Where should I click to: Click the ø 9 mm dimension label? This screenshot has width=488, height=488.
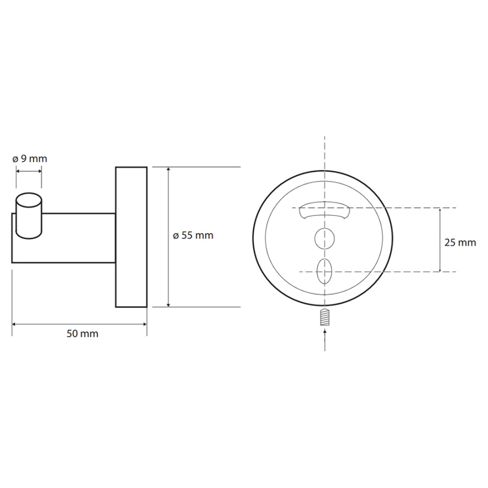[30, 159]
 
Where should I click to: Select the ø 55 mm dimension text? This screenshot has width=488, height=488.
[193, 235]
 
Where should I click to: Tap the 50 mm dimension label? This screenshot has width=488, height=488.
[82, 333]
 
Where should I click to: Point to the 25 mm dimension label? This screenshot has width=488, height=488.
[460, 243]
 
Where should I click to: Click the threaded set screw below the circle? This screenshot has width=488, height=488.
[325, 317]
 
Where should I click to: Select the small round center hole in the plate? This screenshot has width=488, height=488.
[325, 239]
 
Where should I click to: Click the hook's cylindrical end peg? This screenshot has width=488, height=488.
[29, 216]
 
